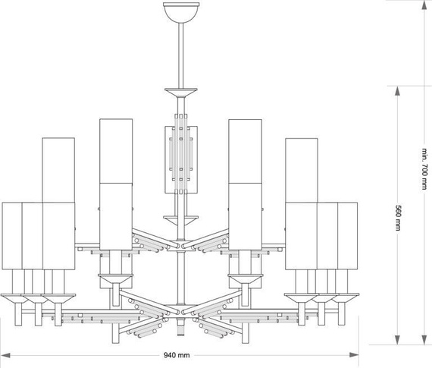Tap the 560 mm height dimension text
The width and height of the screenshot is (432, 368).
tap(398, 217)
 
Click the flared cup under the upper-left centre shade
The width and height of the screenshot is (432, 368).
tap(111, 283)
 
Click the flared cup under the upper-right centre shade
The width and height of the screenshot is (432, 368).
tap(246, 283)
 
